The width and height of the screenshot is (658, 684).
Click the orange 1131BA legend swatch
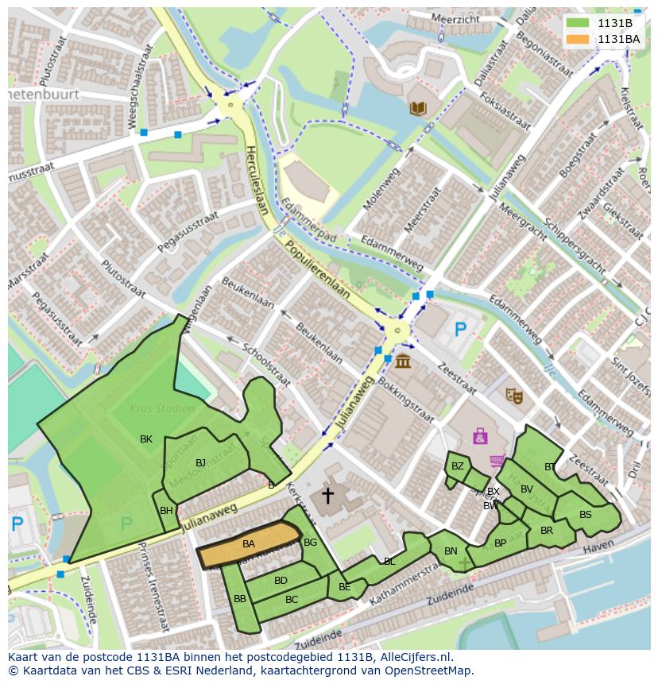click(x=579, y=39)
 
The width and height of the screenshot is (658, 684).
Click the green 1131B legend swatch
click(x=579, y=23)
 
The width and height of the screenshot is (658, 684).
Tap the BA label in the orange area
click(x=249, y=544)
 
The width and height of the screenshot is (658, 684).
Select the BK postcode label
click(x=146, y=439)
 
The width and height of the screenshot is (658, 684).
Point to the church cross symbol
click(x=327, y=497)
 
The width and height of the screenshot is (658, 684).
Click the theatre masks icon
click(x=514, y=394)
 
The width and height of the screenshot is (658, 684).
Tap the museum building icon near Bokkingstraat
click(x=403, y=361)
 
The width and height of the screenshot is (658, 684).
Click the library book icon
click(x=417, y=108)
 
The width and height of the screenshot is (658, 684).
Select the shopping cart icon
click(x=497, y=460)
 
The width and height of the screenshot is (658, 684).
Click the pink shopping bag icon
click(x=480, y=436)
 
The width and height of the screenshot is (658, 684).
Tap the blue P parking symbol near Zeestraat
click(x=459, y=328)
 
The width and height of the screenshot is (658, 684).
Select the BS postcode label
click(x=585, y=515)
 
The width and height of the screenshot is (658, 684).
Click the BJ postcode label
click(x=200, y=463)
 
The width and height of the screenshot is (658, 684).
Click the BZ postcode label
click(x=457, y=466)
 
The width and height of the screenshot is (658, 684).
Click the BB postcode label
click(x=239, y=598)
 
